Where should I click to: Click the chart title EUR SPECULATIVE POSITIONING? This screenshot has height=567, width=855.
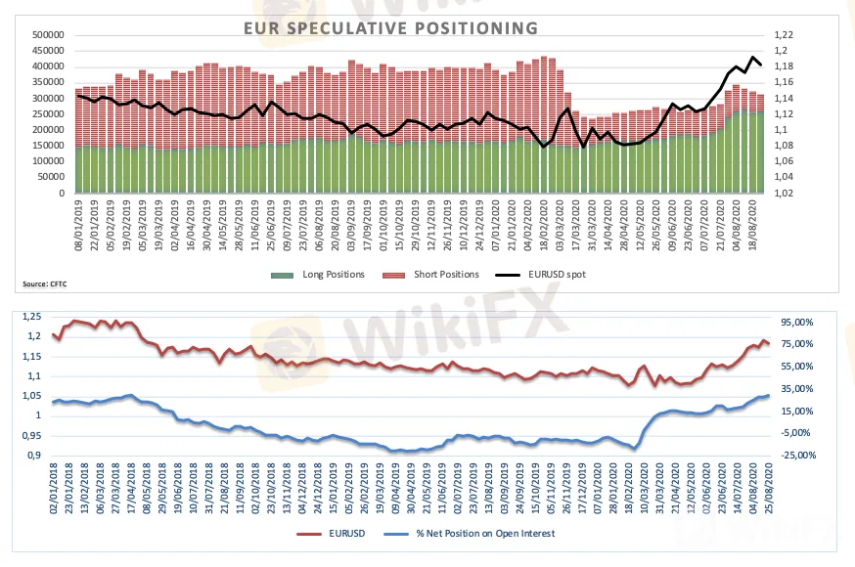pos(390,28)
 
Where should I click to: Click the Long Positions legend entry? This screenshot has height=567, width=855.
pos(334,275)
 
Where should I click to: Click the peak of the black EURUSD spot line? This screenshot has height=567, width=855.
pos(752,58)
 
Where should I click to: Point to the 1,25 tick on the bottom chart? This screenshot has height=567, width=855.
pos(32,317)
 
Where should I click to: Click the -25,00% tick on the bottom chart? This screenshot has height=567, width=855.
pos(799,455)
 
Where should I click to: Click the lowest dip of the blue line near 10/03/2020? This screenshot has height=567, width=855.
pos(635,449)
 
